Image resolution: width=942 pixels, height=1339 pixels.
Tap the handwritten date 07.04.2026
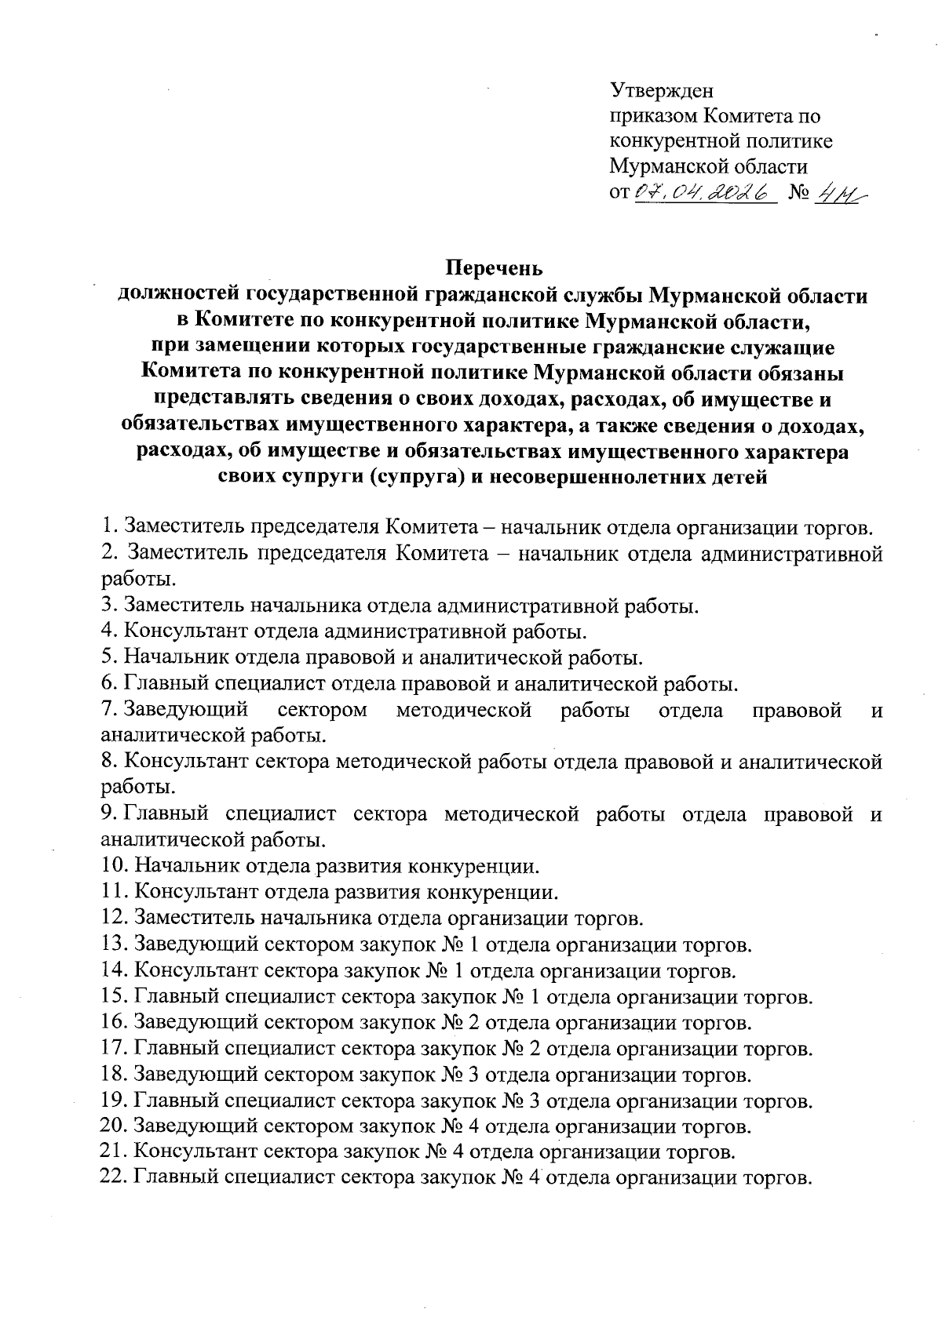tap(704, 192)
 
